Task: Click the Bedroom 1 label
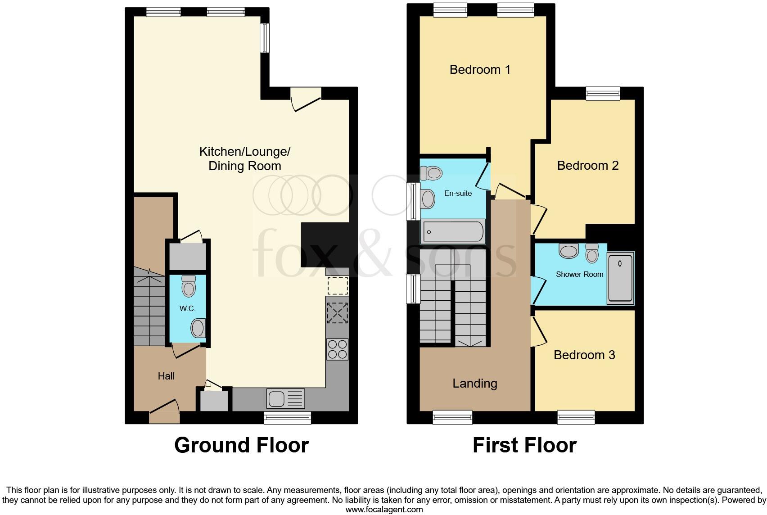click(480, 70)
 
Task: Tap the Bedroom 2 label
click(587, 166)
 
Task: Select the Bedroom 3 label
click(584, 355)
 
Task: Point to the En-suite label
click(458, 193)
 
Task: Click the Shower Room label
click(579, 274)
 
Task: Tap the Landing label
click(474, 384)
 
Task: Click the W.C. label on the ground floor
click(187, 308)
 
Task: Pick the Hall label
click(166, 376)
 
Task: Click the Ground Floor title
click(241, 445)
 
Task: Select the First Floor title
click(524, 445)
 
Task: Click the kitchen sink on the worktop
click(286, 398)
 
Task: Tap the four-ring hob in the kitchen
click(337, 349)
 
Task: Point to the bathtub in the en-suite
click(453, 232)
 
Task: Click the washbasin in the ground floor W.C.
click(199, 328)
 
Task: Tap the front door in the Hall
click(164, 412)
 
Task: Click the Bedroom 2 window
click(603, 93)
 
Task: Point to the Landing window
click(452, 417)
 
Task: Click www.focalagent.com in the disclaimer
click(384, 510)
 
